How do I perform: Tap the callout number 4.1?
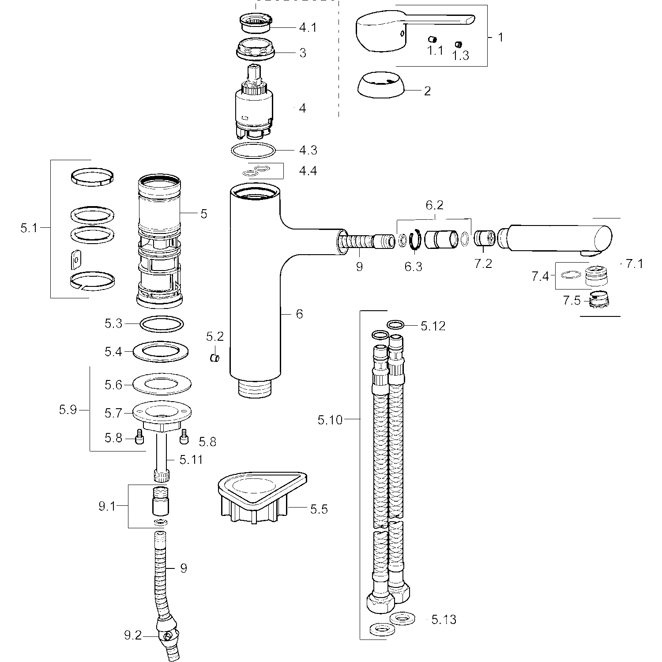coord(308,27)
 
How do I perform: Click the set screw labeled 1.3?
coord(458,44)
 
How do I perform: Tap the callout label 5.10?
coord(330,420)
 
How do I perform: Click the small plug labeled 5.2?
coord(215,357)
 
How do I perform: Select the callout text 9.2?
coord(132,636)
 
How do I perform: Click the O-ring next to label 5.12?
coord(395,325)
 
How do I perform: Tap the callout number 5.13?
coord(444,620)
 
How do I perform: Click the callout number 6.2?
coord(434,205)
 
